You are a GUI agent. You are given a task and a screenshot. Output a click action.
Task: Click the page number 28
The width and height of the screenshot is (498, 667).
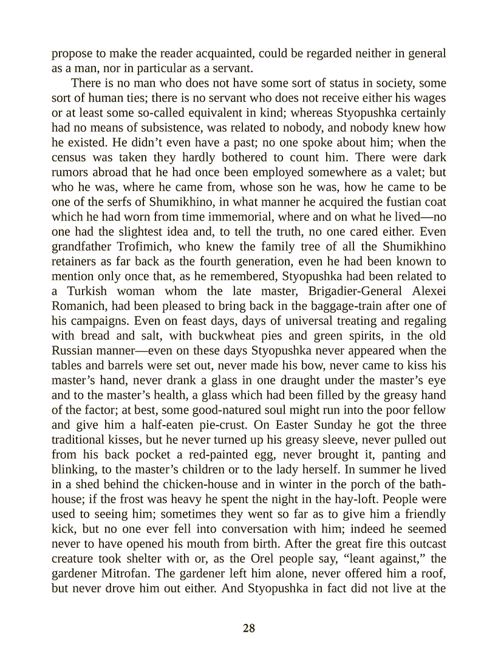click(x=248, y=628)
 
